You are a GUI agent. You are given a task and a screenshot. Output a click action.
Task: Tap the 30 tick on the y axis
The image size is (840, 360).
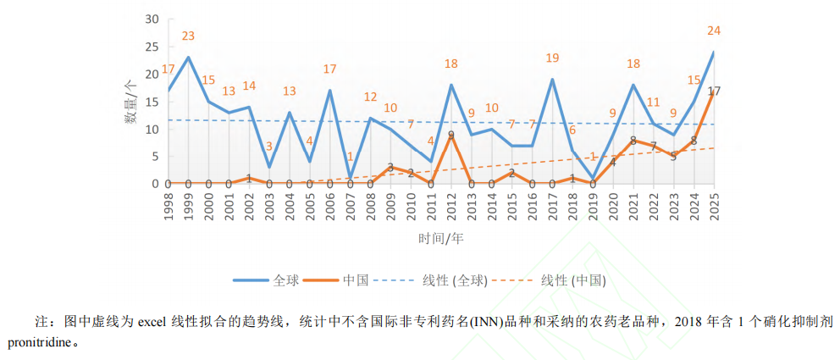[x=152, y=19]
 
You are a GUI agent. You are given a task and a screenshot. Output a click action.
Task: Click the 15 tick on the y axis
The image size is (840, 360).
[x=152, y=102]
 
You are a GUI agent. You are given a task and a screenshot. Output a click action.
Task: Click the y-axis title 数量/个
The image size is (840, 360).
[x=130, y=101]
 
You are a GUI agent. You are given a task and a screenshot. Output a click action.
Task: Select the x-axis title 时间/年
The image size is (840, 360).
[x=440, y=238]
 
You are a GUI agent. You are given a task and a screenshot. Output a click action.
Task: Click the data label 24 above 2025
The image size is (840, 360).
[x=714, y=31]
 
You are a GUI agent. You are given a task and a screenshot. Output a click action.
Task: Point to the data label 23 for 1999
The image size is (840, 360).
[x=188, y=36]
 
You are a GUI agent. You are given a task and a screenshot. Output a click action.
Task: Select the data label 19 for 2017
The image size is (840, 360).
[x=552, y=58]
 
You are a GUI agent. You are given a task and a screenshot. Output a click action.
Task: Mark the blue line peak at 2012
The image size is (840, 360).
[x=451, y=85]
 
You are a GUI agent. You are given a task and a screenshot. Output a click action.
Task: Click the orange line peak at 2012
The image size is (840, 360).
[x=451, y=135]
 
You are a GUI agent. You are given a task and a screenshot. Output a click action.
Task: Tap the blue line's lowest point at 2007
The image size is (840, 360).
[x=350, y=178]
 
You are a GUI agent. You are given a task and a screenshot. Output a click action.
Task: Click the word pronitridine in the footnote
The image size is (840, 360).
[x=42, y=343]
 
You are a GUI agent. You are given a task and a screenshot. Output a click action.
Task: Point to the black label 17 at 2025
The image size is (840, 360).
[x=714, y=91]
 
